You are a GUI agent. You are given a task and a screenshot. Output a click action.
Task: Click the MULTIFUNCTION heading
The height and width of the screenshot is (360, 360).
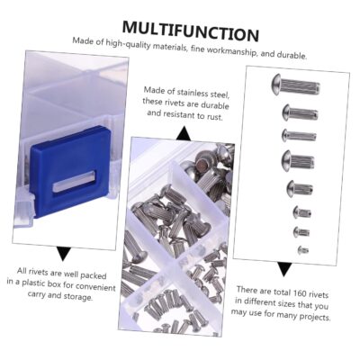(x=191, y=31)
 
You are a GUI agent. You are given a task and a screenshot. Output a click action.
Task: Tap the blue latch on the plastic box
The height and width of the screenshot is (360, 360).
(x=69, y=170)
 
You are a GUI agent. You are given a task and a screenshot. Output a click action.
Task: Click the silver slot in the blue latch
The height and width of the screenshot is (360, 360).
(x=75, y=181)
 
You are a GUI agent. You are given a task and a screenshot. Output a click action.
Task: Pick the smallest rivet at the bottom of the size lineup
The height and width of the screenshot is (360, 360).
(x=303, y=249)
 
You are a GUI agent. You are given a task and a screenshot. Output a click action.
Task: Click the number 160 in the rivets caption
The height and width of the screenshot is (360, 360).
(x=302, y=293)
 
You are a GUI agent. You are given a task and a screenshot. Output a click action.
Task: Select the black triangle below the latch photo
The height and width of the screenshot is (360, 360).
(x=64, y=254)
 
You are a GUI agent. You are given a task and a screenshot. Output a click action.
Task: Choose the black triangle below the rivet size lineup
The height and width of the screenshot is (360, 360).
(x=283, y=269)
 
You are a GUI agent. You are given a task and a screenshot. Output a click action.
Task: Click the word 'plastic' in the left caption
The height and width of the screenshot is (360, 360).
(x=35, y=283)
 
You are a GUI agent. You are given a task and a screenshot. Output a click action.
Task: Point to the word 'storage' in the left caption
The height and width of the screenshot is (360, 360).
(x=78, y=296)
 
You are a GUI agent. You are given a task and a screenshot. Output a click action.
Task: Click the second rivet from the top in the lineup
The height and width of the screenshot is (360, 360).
(x=300, y=113)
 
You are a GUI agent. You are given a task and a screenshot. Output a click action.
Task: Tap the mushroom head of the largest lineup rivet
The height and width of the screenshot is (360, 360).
(x=276, y=85)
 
